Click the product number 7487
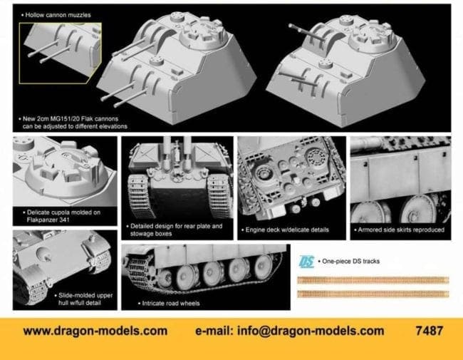coord(429,331)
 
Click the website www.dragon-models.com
coord(95,331)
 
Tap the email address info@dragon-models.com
coord(311,331)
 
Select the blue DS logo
coord(306,262)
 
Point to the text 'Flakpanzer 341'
coord(48,220)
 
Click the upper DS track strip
coord(373,280)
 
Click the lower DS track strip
coord(373,294)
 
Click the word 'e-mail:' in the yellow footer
coord(214,331)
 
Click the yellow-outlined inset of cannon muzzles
coord(61,53)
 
